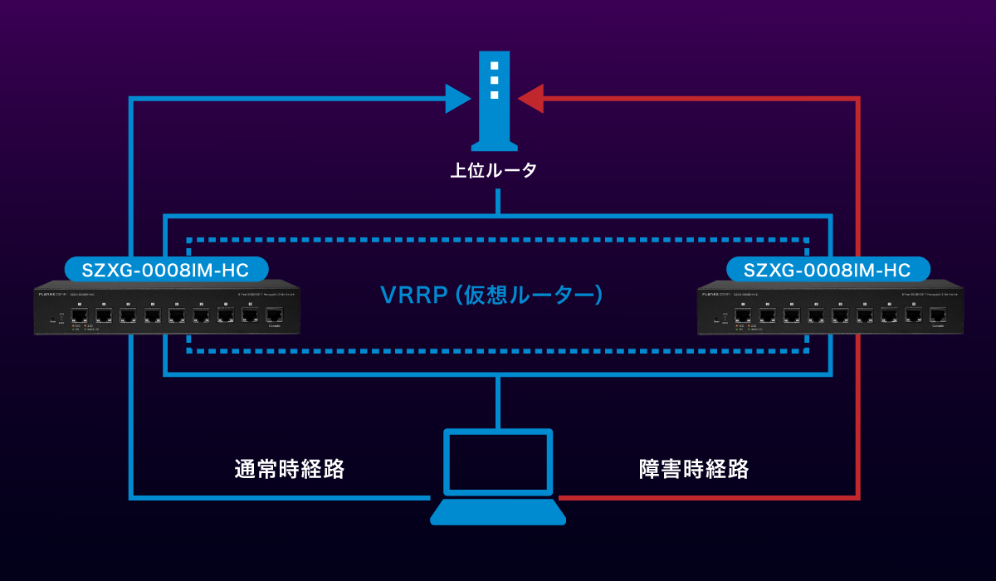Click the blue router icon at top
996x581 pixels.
pyautogui.click(x=494, y=100)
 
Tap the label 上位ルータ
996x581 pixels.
pyautogui.click(x=494, y=171)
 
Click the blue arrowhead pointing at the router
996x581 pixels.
pyautogui.click(x=457, y=98)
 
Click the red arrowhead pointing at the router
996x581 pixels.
pyautogui.click(x=530, y=98)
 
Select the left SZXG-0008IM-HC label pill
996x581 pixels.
pyautogui.click(x=166, y=270)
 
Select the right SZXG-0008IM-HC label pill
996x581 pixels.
pyautogui.click(x=828, y=270)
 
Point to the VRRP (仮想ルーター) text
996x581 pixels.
pyautogui.click(x=491, y=295)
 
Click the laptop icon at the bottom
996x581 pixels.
pyautogui.click(x=497, y=476)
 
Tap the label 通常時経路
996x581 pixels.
pyautogui.click(x=289, y=469)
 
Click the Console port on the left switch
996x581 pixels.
pyautogui.click(x=274, y=315)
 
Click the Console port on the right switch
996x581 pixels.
pyautogui.click(x=938, y=315)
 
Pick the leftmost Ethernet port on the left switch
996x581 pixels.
pyautogui.click(x=79, y=315)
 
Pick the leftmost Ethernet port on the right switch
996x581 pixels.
pyautogui.click(x=743, y=315)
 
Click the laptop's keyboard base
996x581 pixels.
pyautogui.click(x=497, y=512)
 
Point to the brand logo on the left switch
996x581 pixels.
pyautogui.click(x=51, y=294)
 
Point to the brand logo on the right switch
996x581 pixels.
pyautogui.click(x=715, y=294)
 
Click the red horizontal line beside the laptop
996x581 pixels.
pyautogui.click(x=705, y=499)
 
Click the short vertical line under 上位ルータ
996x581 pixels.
pyautogui.click(x=498, y=202)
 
